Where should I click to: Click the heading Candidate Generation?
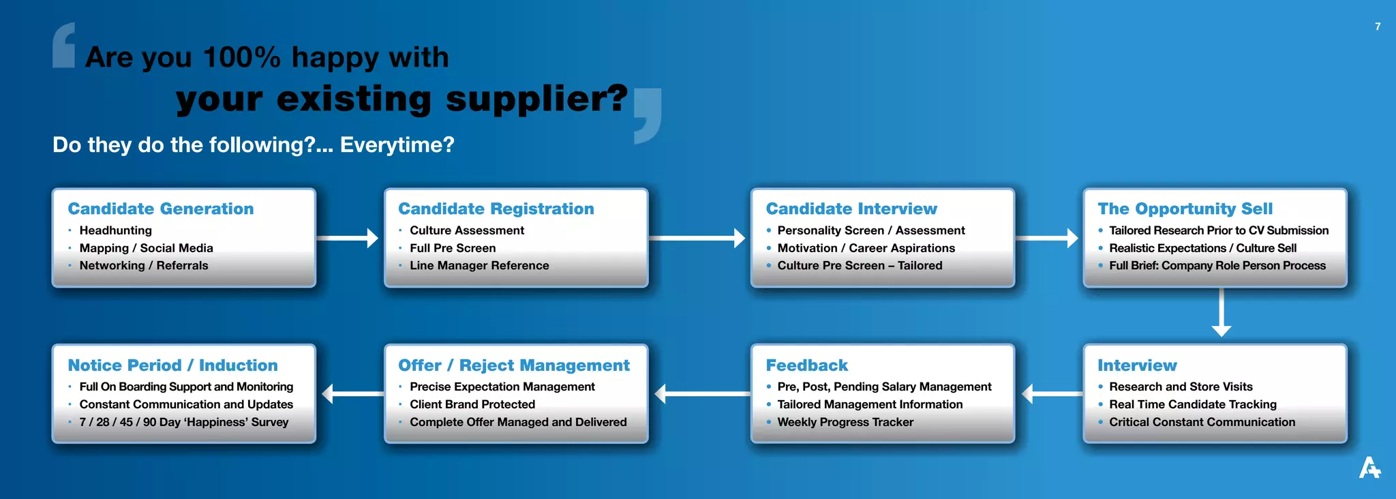pos(161,209)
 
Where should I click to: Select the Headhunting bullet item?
pos(115,230)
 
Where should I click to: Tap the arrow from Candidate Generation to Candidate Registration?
pos(348,238)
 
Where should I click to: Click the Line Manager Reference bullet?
pos(479,265)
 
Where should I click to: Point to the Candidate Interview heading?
pos(851,209)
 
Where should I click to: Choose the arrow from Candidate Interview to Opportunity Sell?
pos(1046,238)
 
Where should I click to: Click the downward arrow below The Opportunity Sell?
pos(1221,312)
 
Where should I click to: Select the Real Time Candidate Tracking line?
pos(1192,404)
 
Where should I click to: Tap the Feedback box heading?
pos(807,365)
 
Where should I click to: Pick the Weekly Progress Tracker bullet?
pos(845,422)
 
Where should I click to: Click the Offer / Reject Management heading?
pos(514,365)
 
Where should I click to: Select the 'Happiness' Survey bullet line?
pos(184,422)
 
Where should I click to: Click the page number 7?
pos(1378,27)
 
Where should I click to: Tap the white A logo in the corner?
pos(1369,468)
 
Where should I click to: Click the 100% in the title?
pos(241,57)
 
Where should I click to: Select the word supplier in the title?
pos(536,99)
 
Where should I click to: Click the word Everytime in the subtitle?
pos(396,145)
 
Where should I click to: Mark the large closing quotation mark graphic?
pos(648,115)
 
